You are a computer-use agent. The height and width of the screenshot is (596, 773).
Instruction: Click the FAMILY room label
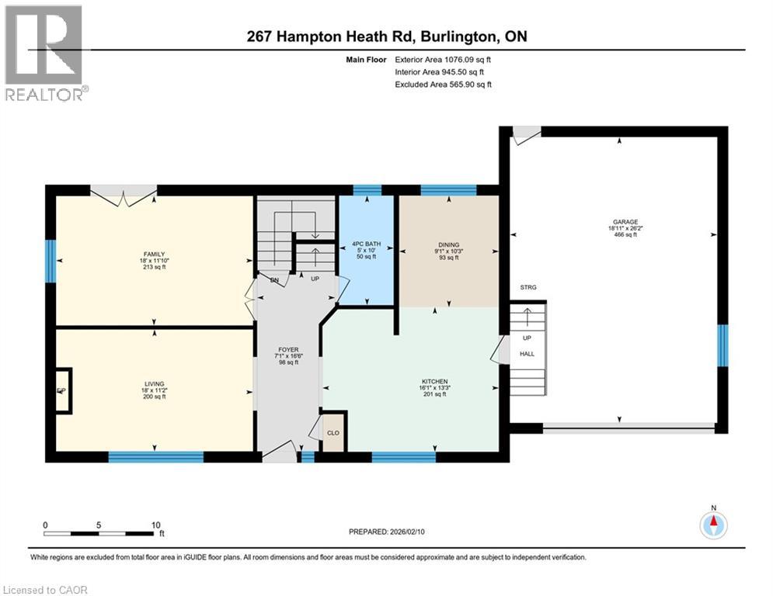click(155, 255)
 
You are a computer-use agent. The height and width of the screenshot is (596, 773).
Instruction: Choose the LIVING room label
click(155, 383)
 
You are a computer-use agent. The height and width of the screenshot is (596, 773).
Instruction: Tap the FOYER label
click(288, 350)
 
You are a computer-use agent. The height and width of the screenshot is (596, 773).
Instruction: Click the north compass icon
click(713, 525)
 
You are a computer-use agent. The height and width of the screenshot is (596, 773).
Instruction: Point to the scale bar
click(99, 533)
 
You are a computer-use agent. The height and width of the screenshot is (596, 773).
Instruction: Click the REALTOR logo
click(44, 53)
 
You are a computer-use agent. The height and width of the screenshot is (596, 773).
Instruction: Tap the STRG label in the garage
click(528, 288)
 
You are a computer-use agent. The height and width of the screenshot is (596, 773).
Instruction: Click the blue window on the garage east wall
click(723, 345)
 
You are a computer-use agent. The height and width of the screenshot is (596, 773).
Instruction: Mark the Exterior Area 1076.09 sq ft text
click(443, 59)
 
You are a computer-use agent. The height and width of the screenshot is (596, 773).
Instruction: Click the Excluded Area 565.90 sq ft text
click(443, 85)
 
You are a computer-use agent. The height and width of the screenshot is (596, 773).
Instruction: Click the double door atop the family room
click(124, 192)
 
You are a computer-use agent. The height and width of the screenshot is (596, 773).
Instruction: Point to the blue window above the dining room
click(447, 189)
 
